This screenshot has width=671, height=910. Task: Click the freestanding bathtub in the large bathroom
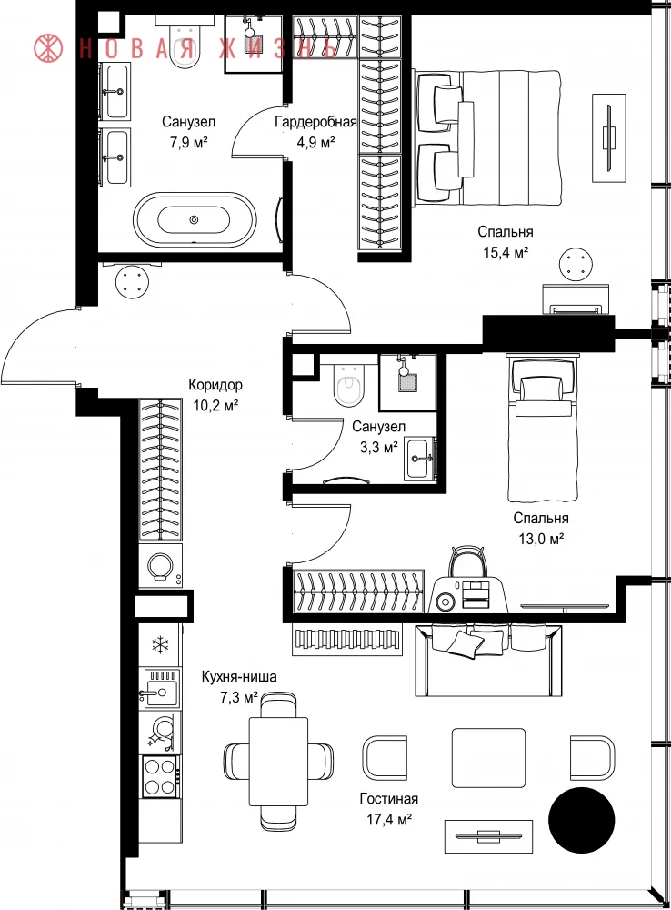pos(194,220)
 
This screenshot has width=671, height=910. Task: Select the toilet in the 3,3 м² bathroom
pos(348,382)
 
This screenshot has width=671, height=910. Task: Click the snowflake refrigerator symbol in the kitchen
pos(159,644)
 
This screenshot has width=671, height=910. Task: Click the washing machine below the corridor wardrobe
pos(161,565)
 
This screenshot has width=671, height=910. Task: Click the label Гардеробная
pos(315,122)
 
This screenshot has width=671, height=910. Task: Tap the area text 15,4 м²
pos(506,252)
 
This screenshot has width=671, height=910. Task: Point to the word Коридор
pos(215,385)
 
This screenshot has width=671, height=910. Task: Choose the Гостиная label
pos(388,799)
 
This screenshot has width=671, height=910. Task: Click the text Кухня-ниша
pos(239,676)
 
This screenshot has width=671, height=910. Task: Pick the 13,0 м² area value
pos(541,539)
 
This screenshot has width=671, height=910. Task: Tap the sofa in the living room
pos(488,660)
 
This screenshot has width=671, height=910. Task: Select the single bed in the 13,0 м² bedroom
pos(544,429)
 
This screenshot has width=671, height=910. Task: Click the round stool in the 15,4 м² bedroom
pos(576,265)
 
